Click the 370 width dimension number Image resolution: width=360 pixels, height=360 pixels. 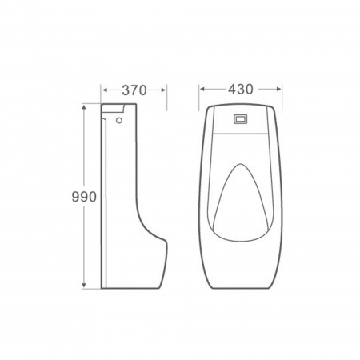(134, 90)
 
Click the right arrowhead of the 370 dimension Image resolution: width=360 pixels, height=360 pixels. (164, 90)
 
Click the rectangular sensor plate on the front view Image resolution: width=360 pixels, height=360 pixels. (242, 120)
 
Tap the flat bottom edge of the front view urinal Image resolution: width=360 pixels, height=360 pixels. (242, 287)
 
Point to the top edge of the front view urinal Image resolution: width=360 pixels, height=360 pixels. (242, 105)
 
